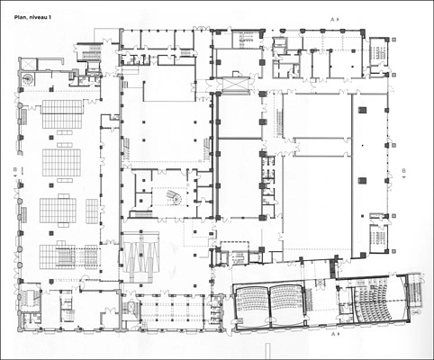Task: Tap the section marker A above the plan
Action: [x=332, y=20]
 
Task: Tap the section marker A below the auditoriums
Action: [x=332, y=334]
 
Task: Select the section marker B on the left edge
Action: [x=15, y=170]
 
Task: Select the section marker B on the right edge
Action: [x=403, y=171]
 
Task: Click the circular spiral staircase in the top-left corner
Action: [x=28, y=79]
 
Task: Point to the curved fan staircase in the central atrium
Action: [x=174, y=196]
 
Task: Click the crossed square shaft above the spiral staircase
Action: [x=29, y=64]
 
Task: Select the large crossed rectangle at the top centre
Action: [x=236, y=84]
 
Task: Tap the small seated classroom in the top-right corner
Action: [x=378, y=50]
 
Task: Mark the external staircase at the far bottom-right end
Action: [x=415, y=291]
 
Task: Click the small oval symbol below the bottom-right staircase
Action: [x=417, y=312]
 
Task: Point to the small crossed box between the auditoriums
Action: [x=321, y=282]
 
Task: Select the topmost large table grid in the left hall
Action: [x=62, y=114]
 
